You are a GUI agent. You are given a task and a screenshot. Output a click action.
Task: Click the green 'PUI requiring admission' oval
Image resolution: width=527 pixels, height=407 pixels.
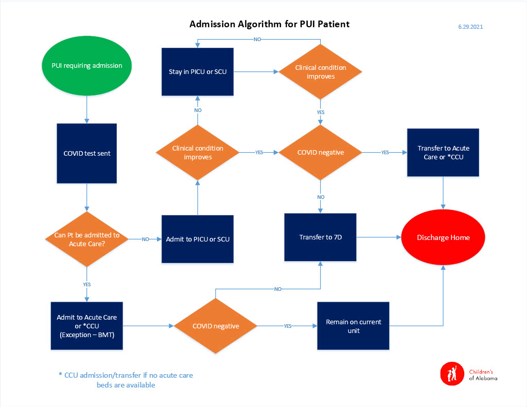(87, 66)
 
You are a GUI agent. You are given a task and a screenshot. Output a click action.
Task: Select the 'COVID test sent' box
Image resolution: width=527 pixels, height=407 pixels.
(87, 154)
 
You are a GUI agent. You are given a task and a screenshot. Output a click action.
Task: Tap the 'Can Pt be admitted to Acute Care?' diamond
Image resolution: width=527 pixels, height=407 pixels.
(87, 239)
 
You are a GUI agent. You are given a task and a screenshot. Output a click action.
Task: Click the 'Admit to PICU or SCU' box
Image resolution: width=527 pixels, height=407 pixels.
(198, 239)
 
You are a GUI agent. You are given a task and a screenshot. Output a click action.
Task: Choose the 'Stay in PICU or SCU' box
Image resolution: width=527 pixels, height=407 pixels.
(198, 71)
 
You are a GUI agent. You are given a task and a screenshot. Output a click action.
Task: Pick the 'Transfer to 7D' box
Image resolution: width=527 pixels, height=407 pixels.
(320, 237)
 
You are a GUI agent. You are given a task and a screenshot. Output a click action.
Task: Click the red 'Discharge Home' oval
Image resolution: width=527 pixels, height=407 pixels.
(443, 237)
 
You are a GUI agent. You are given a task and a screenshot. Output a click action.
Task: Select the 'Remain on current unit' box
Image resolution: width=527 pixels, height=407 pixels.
(353, 326)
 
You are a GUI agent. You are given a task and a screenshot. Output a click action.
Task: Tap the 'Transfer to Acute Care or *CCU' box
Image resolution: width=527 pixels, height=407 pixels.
(443, 153)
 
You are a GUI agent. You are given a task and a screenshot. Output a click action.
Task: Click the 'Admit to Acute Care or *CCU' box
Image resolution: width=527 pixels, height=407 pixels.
(87, 325)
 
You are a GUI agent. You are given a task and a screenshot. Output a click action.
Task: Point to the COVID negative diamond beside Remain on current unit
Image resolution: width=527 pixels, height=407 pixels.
(215, 326)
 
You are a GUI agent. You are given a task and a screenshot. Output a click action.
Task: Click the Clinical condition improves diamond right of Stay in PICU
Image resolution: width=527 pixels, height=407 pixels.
(320, 72)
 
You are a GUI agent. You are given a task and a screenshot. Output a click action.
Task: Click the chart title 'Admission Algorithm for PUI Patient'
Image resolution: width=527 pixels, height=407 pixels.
(269, 24)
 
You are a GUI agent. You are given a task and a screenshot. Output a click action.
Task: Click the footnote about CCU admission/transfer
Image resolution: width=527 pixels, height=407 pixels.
(126, 380)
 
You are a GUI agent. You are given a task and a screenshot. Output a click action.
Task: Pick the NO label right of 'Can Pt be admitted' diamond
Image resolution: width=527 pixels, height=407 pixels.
(145, 239)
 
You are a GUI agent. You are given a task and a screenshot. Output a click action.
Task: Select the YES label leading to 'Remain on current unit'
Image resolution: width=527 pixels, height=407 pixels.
(287, 326)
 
